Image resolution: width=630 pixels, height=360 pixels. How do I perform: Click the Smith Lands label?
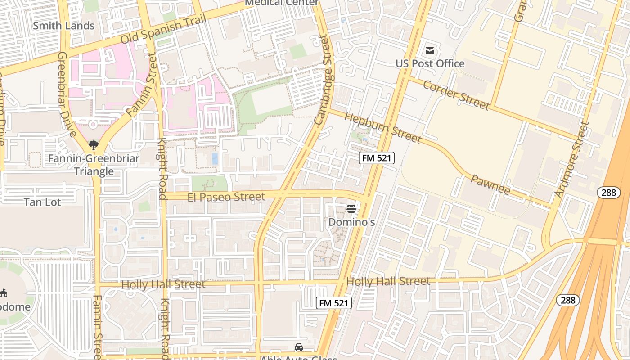click(63, 26)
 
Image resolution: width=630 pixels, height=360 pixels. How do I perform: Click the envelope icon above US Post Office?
click(430, 50)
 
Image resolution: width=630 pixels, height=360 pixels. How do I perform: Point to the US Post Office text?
click(430, 63)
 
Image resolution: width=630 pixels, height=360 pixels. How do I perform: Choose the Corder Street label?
click(456, 95)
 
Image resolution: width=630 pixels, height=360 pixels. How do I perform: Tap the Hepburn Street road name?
click(382, 128)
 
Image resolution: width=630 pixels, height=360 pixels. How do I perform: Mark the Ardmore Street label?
click(571, 160)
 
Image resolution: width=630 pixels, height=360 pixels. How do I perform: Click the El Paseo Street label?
click(226, 197)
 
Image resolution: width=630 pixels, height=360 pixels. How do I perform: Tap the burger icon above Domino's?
click(351, 209)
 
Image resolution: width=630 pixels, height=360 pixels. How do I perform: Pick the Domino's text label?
click(351, 222)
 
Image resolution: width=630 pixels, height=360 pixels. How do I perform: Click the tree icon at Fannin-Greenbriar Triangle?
click(94, 145)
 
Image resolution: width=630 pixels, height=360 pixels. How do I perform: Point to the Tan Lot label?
click(42, 202)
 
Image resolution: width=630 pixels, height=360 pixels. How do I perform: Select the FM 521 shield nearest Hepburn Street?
click(377, 157)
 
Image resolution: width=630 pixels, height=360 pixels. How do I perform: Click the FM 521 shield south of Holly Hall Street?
click(333, 303)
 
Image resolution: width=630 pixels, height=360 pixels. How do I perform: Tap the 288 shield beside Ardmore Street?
click(609, 193)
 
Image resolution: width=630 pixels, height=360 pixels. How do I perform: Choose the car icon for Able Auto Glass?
click(299, 347)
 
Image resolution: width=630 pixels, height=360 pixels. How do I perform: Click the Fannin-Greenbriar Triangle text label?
click(94, 165)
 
